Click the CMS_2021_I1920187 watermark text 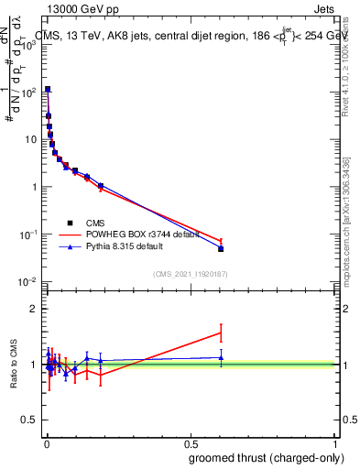(191, 274)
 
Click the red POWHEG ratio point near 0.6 (221, 333)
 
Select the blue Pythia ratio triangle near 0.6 (221, 357)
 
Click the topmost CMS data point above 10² (47, 90)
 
